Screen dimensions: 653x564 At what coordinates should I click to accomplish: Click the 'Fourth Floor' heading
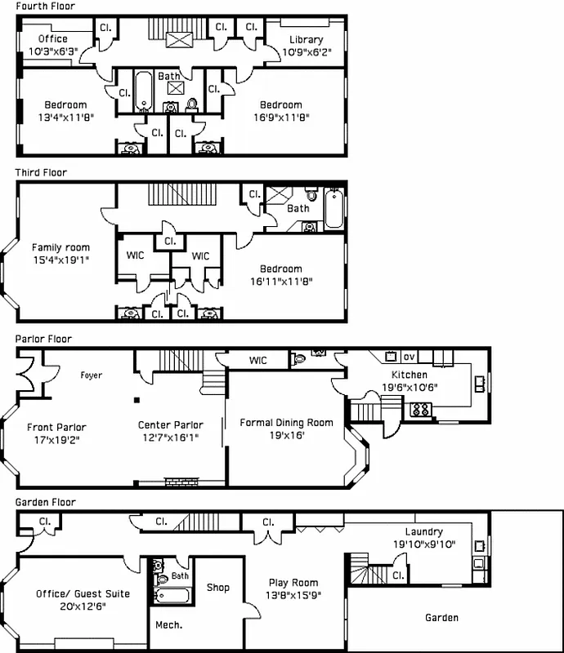coord(46,7)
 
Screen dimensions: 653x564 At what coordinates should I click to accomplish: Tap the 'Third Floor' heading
coord(41,173)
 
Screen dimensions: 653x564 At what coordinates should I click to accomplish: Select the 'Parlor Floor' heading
coord(43,339)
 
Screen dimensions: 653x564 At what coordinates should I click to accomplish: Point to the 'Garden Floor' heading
coord(45,503)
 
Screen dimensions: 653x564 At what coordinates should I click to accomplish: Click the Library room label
coord(307,39)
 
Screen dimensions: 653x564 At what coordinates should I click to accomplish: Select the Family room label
coord(60,248)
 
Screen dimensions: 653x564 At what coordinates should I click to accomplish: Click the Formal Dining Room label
coord(286,423)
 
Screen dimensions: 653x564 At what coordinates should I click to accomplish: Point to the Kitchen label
coord(410,375)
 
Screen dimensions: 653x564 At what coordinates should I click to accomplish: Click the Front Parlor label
coord(56,427)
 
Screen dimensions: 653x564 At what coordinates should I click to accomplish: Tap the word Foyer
coord(91,375)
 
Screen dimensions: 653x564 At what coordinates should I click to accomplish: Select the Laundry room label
coord(423,531)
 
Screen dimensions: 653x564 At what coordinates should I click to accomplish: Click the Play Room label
coord(293,583)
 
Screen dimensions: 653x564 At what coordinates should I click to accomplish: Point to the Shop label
coord(217,588)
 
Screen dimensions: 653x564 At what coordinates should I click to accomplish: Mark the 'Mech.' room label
coord(168,625)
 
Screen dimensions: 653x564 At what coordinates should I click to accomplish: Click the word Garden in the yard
coord(441,618)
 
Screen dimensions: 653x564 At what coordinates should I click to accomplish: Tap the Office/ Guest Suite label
coord(70,594)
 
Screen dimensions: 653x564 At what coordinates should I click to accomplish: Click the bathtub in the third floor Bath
coord(335,208)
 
